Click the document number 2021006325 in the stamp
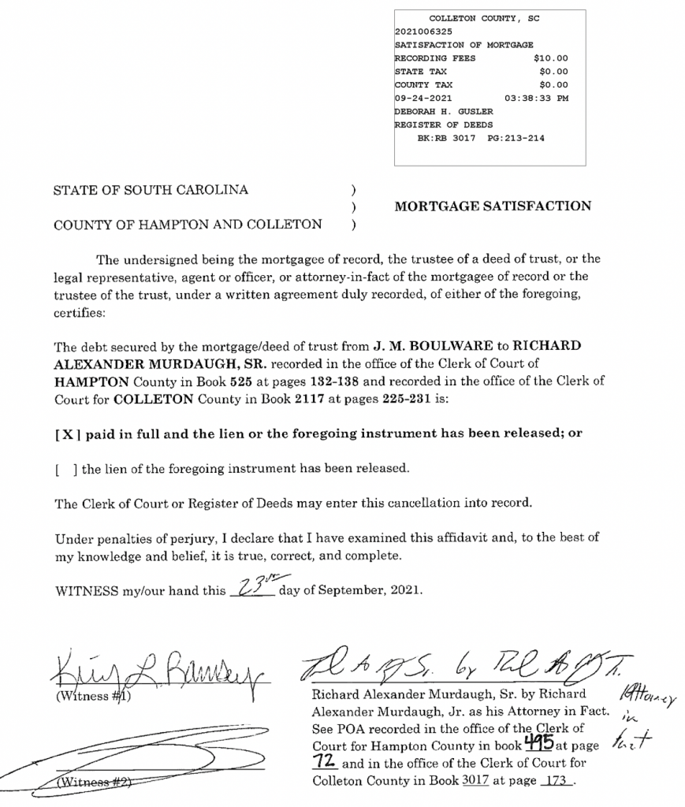(423, 32)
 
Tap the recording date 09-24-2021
(423, 99)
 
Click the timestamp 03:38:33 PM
(536, 99)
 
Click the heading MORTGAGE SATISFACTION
(493, 206)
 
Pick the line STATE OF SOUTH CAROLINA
(151, 190)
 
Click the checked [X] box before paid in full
(65, 433)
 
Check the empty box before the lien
(65, 468)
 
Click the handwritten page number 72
(325, 762)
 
